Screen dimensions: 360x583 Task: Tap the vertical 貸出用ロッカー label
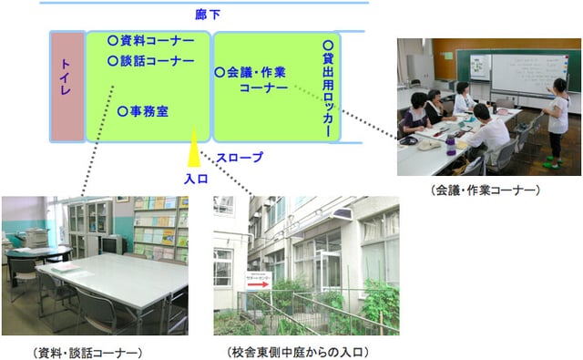point(328,88)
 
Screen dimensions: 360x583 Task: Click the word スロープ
point(240,157)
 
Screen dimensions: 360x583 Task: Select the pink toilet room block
point(66,87)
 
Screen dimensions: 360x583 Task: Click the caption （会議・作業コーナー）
point(486,190)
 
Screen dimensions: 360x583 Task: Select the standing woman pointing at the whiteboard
point(557,118)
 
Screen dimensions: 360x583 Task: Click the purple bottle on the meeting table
point(450,145)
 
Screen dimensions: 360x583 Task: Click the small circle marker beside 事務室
point(123,111)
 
